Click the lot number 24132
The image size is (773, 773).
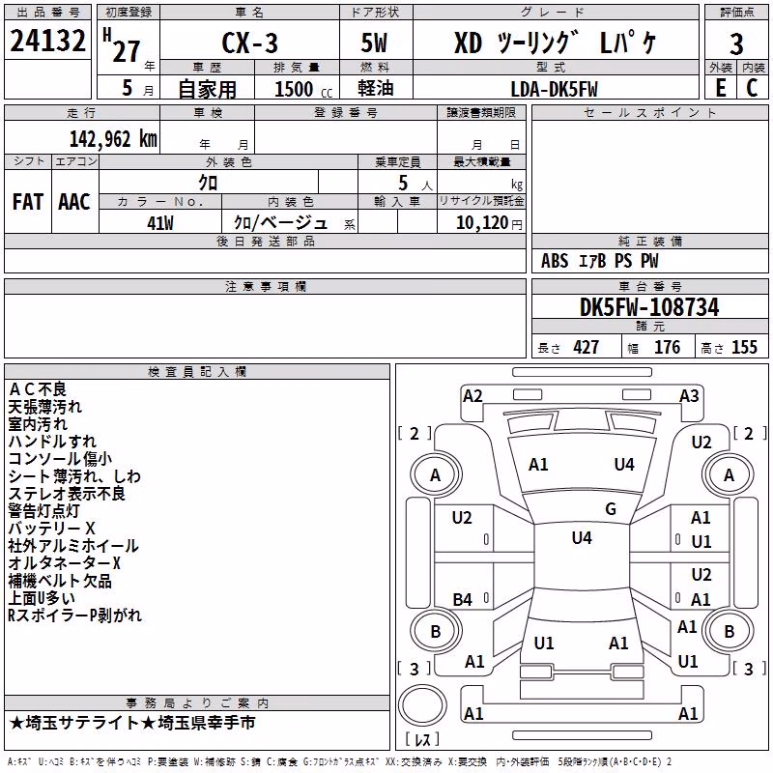pyautogui.click(x=47, y=41)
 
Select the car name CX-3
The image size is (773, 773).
pyautogui.click(x=249, y=43)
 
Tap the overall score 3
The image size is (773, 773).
pyautogui.click(x=736, y=43)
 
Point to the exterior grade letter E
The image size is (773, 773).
pyautogui.click(x=721, y=88)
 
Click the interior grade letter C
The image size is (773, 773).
pyautogui.click(x=752, y=88)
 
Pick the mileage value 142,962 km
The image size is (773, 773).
pyautogui.click(x=113, y=139)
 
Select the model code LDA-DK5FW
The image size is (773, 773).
pyautogui.click(x=554, y=89)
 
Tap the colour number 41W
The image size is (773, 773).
pyautogui.click(x=160, y=223)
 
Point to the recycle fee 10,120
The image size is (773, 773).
pyautogui.click(x=482, y=223)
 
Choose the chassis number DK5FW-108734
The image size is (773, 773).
pyautogui.click(x=649, y=307)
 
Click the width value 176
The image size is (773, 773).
pyautogui.click(x=667, y=348)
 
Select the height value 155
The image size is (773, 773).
pyautogui.click(x=744, y=348)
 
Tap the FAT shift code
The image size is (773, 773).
pyautogui.click(x=28, y=202)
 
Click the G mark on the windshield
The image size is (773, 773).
pyautogui.click(x=611, y=509)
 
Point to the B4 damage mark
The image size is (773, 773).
pyautogui.click(x=463, y=599)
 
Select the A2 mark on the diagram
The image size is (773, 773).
pyautogui.click(x=472, y=396)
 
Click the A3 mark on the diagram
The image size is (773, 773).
pyautogui.click(x=689, y=396)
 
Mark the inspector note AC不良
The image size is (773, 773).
pyautogui.click(x=38, y=389)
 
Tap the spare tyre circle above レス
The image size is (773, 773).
pyautogui.click(x=422, y=706)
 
